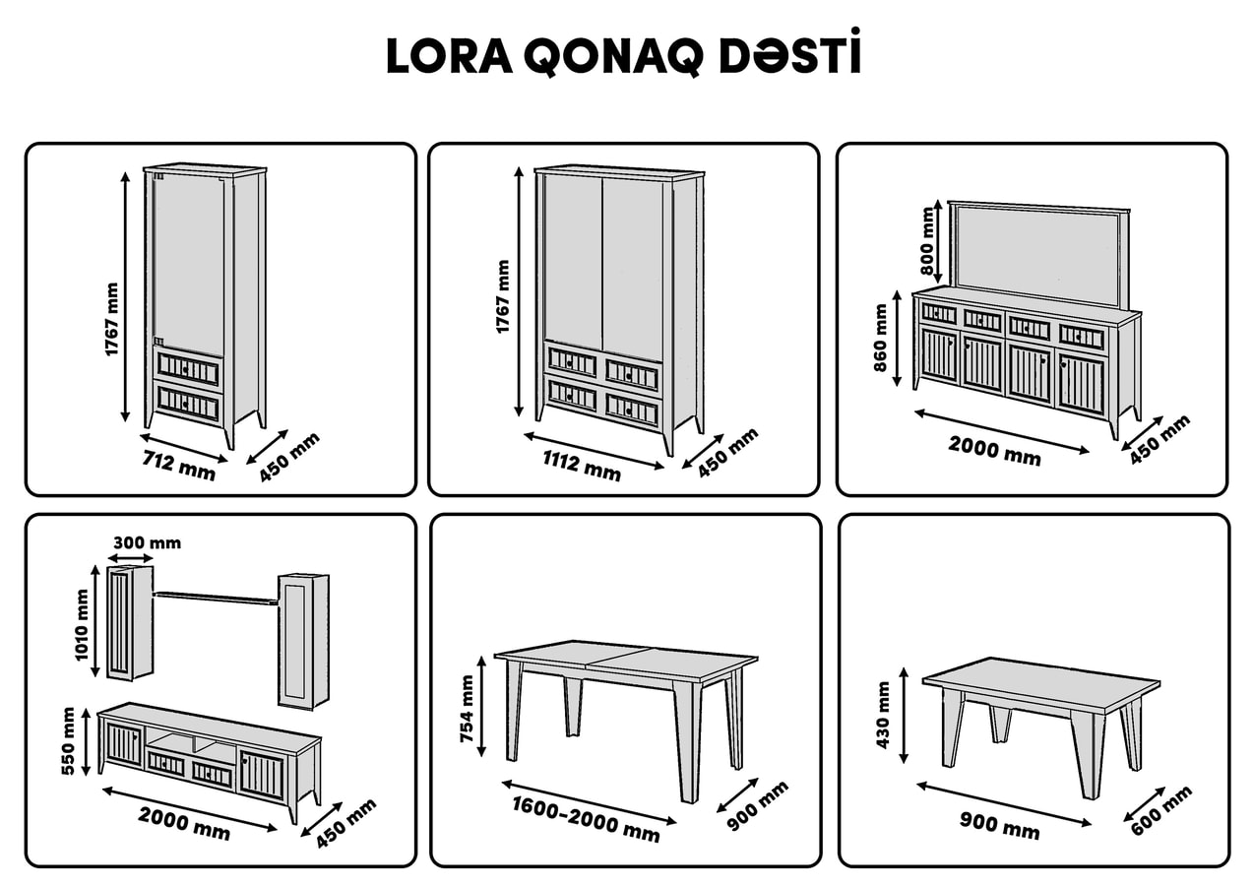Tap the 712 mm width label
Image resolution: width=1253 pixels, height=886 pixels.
point(179,466)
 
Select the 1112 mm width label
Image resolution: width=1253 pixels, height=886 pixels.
point(582,466)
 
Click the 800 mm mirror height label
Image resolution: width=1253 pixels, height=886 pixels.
point(927,241)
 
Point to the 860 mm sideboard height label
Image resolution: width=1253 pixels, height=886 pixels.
point(880,338)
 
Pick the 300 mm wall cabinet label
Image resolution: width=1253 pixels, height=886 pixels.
point(147,542)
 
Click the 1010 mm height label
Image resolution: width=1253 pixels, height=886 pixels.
point(82,625)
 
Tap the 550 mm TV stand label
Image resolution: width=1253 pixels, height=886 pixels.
point(68,741)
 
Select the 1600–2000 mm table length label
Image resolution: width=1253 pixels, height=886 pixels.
point(587,819)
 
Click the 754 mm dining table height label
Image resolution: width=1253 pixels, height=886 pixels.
point(467,709)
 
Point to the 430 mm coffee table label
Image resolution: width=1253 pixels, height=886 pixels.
point(883,715)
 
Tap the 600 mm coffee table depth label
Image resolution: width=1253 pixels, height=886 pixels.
point(1161,810)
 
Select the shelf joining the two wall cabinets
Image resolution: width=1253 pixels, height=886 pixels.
point(216,598)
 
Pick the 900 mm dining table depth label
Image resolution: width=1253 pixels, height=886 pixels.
point(758,805)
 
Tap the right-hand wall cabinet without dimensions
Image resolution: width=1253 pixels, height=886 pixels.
point(304,642)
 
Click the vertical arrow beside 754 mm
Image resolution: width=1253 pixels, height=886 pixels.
point(481,707)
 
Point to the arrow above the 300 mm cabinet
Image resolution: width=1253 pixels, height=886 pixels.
point(130,558)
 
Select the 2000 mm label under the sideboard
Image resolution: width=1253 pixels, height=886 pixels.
point(994,451)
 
